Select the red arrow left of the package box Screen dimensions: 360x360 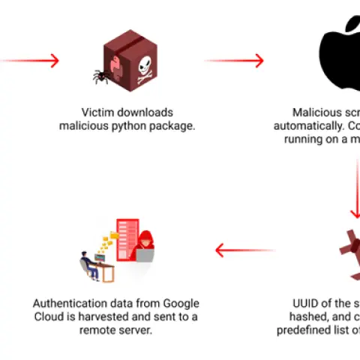[x=30, y=61]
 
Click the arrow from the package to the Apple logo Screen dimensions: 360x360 [x=234, y=61]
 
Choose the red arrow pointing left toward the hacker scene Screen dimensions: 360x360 [x=244, y=250]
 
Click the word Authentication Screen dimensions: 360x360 [x=70, y=303]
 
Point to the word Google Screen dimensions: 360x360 [x=180, y=303]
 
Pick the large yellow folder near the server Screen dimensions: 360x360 [x=113, y=238]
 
